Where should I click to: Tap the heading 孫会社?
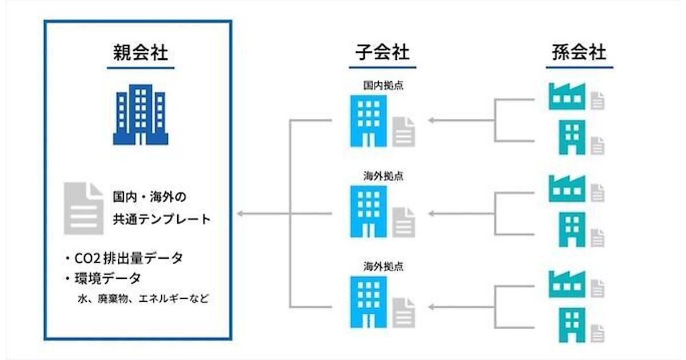pyautogui.click(x=579, y=53)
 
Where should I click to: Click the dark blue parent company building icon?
pyautogui.click(x=140, y=114)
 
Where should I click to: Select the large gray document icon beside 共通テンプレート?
pyautogui.click(x=83, y=208)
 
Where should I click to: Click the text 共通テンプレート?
pyautogui.click(x=161, y=219)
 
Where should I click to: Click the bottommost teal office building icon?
pyautogui.click(x=572, y=324)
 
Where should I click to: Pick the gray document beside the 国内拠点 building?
pyautogui.click(x=404, y=132)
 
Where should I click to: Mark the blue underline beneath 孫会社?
pyautogui.click(x=579, y=67)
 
